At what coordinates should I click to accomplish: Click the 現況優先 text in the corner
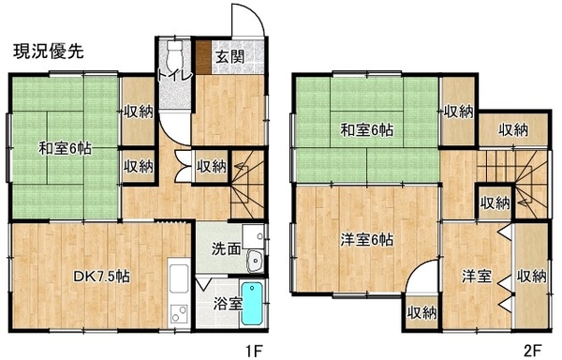[49, 52]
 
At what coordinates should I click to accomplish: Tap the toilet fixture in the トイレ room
[175, 54]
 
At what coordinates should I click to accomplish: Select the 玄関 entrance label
[230, 56]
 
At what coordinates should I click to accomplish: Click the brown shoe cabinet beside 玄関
[204, 57]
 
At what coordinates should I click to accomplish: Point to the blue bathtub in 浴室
[252, 304]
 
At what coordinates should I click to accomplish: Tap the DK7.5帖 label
[101, 277]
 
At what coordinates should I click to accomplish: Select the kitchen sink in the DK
[179, 279]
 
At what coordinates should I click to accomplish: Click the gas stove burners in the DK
[179, 313]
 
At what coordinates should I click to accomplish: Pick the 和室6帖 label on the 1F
[65, 148]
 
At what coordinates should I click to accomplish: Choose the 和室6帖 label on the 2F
[366, 129]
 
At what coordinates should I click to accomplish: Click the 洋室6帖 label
[366, 240]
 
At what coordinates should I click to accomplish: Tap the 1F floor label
[254, 351]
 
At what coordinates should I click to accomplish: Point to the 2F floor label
[532, 351]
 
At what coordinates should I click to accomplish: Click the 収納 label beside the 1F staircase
[212, 166]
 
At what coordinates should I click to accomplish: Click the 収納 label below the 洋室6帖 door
[421, 313]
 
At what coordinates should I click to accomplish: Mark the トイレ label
[176, 76]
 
